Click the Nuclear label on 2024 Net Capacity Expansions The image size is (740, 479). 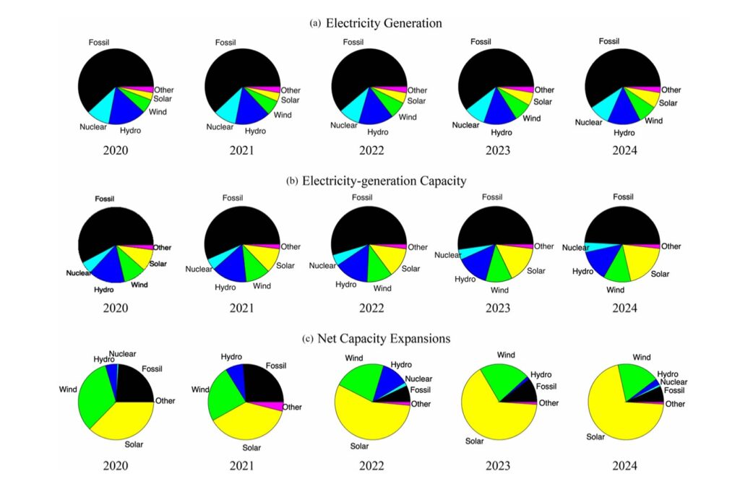(x=674, y=382)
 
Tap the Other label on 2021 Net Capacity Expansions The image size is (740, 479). (x=292, y=407)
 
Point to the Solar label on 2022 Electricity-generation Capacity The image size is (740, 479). (x=410, y=269)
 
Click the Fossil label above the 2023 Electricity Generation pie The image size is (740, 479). (x=481, y=42)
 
